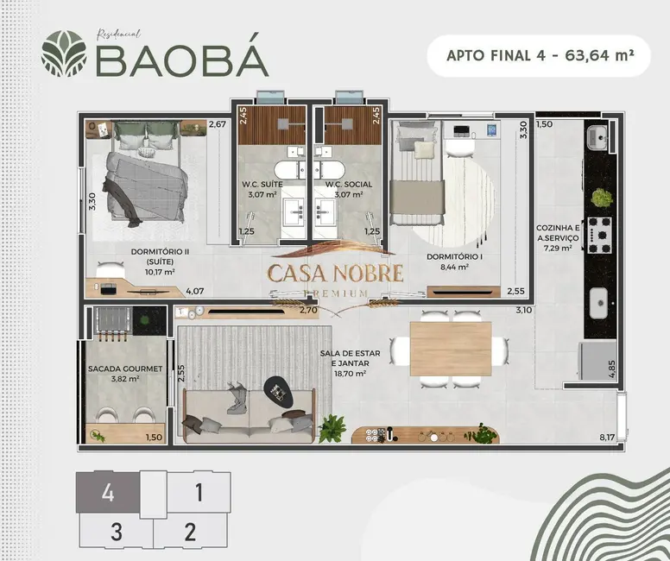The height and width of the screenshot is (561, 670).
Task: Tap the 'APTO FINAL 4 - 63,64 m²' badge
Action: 538,56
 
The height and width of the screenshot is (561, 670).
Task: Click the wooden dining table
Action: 450,349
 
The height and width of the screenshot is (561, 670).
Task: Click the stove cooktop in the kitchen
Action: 599,231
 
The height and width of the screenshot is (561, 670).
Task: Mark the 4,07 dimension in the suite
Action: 193,292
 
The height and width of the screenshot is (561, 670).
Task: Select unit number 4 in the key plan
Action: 108,495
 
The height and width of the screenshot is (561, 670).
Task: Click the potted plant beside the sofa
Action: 331,427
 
